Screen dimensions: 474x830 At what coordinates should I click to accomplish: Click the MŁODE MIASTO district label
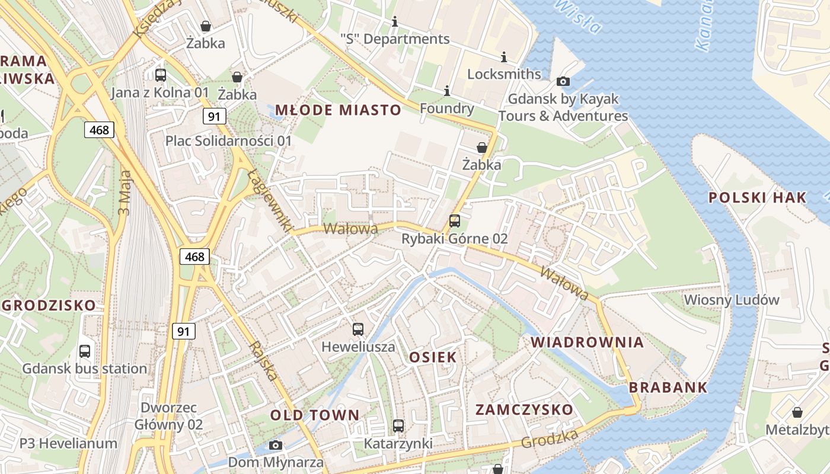[338, 110]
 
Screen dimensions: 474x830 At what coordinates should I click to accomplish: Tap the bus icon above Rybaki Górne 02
[454, 221]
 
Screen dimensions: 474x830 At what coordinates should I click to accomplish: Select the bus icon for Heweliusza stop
[358, 329]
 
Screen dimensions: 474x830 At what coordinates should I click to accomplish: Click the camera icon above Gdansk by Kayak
[563, 81]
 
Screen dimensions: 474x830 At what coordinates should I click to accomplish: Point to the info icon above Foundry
[446, 91]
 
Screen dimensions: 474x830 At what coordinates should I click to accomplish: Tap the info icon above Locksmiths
[504, 57]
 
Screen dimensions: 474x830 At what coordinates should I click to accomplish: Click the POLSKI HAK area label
[758, 198]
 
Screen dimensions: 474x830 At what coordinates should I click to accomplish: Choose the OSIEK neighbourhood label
[433, 357]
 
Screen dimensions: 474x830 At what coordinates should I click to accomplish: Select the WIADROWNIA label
[587, 342]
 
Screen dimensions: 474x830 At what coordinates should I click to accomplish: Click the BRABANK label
[668, 387]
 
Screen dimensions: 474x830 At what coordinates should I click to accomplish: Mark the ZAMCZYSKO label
[525, 409]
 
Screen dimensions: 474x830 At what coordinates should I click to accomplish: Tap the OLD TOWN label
[315, 415]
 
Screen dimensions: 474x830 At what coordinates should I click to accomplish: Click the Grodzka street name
[550, 439]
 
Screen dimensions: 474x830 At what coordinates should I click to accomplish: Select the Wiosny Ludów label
[732, 300]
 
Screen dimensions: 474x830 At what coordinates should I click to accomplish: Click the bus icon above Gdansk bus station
[85, 351]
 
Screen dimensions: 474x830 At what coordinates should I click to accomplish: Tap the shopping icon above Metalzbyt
[797, 412]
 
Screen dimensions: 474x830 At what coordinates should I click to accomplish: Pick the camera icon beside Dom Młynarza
[276, 445]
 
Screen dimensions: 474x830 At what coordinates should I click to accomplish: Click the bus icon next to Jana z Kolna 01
[161, 75]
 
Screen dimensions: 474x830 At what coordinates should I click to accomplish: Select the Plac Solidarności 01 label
[229, 141]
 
